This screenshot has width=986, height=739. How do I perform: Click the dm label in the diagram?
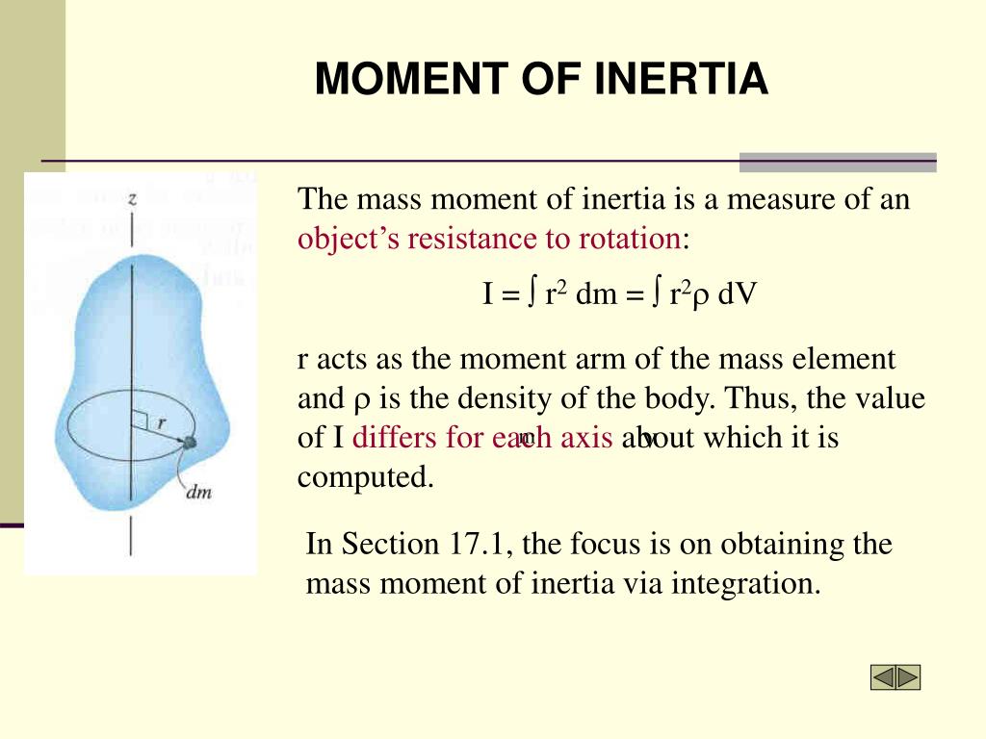(198, 493)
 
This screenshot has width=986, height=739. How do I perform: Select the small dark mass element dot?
(190, 443)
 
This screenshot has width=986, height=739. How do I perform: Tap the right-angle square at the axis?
(139, 420)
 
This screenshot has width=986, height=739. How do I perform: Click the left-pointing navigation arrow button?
(884, 677)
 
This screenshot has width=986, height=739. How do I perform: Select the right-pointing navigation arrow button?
(908, 677)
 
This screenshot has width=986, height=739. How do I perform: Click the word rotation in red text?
(630, 239)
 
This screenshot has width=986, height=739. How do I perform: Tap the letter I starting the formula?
(488, 293)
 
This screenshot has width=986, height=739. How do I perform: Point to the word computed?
(364, 477)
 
